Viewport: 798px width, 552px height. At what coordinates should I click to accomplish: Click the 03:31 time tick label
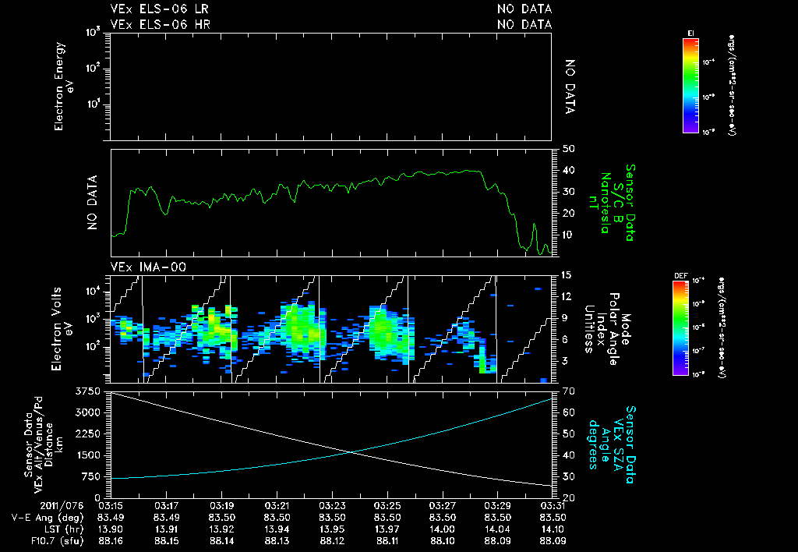[x=553, y=506]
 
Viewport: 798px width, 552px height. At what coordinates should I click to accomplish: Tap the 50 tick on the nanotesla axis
[x=568, y=148]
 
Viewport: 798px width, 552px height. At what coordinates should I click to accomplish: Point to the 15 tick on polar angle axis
[x=567, y=275]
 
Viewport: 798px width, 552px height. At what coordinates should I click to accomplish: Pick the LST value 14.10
[x=553, y=529]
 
